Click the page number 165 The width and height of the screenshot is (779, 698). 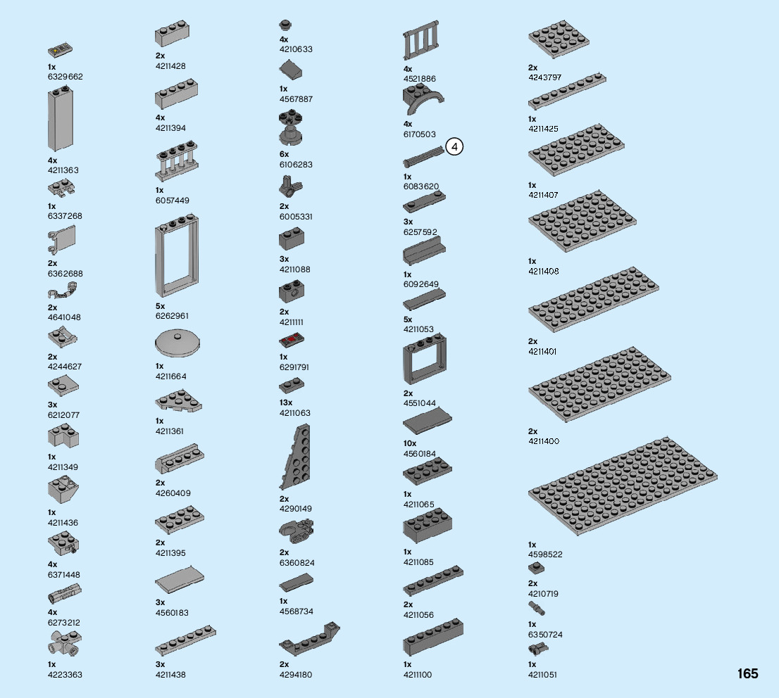[x=747, y=674]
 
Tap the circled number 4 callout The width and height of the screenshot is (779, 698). [x=455, y=147]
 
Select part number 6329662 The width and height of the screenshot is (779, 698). [x=66, y=76]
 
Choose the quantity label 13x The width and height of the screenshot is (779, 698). [x=285, y=402]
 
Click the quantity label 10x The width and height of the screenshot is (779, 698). [x=409, y=443]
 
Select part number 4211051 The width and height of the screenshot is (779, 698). [x=542, y=675]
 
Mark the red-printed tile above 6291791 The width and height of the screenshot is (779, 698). [x=292, y=342]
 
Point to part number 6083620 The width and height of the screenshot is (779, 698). [x=421, y=186]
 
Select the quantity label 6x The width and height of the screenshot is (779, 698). [x=284, y=154]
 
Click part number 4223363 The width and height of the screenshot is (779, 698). [x=65, y=675]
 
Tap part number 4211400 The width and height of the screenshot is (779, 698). [x=543, y=441]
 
